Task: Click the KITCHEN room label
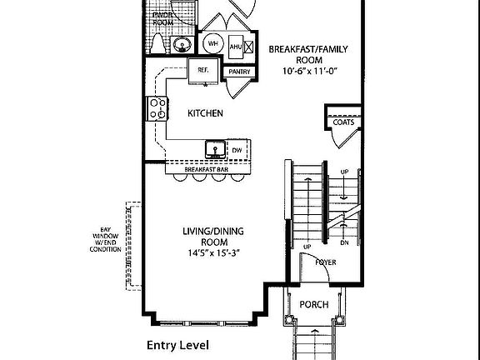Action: point(205,113)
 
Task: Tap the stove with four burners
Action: point(156,107)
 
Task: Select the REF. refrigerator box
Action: point(202,70)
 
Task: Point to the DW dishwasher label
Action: point(237,150)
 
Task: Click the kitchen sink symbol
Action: point(216,150)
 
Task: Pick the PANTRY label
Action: point(239,72)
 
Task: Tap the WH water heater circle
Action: point(212,44)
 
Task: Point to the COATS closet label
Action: point(342,122)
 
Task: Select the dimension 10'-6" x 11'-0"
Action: point(307,72)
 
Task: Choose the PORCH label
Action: point(313,304)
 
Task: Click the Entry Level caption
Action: point(177,344)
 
